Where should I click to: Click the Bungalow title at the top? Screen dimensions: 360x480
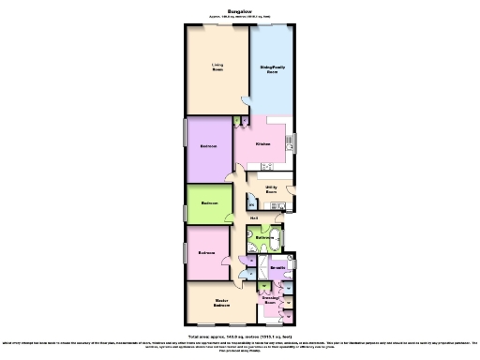tap(240, 11)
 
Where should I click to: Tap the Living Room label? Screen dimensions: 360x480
tap(217, 67)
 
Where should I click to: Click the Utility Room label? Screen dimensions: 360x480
tap(272, 189)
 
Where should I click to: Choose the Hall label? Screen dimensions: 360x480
tap(254, 217)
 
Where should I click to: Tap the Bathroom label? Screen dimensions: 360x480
tap(264, 238)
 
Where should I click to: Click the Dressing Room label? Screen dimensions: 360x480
tap(270, 301)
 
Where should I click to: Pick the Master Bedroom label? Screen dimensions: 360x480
tap(221, 304)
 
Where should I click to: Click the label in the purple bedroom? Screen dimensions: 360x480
tap(209, 146)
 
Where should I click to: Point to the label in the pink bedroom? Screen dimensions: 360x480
tap(207, 253)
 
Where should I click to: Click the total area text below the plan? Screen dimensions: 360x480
tap(240, 336)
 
